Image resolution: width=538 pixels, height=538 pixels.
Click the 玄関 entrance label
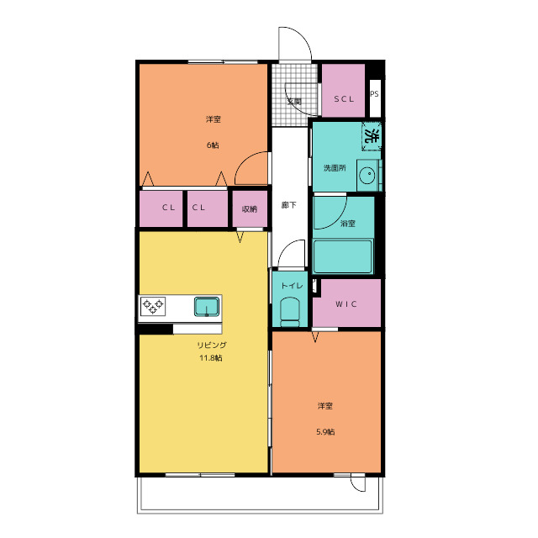[x=294, y=102]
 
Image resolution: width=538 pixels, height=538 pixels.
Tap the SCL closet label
[x=344, y=99]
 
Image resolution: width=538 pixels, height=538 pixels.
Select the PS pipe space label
[x=374, y=93]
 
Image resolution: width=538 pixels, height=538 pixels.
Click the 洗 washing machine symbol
[x=372, y=136]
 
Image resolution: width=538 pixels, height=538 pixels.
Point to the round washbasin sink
[x=367, y=175]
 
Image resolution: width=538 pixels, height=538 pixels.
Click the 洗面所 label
[x=335, y=168]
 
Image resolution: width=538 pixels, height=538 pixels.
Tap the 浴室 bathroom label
[x=347, y=224]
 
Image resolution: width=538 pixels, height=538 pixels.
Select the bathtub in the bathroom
[x=343, y=256]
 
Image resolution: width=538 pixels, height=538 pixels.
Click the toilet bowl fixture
[x=290, y=312]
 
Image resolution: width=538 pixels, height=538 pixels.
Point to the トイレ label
[x=292, y=286]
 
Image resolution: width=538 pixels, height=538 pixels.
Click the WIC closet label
[x=345, y=304]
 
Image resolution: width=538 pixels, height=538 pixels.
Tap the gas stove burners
[x=153, y=306]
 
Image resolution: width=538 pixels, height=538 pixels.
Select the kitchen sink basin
[x=207, y=306]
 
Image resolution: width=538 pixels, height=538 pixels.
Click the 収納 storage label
[x=250, y=209]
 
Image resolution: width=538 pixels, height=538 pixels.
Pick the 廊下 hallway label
[x=288, y=205]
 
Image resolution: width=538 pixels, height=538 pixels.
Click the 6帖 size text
[x=213, y=145]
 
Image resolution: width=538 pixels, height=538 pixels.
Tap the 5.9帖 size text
[x=325, y=432]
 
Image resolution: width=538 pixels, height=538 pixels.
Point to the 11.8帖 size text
[x=211, y=358]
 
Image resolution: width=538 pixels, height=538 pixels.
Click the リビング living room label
[x=212, y=345]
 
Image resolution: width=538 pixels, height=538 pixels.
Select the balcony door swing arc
[x=359, y=485]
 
